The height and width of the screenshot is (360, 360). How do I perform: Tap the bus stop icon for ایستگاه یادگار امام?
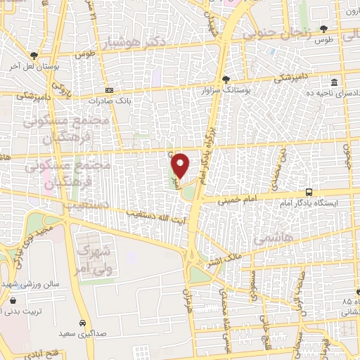click(x=309, y=192)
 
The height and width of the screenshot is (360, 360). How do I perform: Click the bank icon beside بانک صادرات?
click(x=110, y=91)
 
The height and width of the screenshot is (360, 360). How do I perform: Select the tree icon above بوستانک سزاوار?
click(x=226, y=79)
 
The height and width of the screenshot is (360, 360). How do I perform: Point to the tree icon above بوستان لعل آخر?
click(x=34, y=56)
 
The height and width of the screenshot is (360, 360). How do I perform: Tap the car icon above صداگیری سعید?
click(x=82, y=322)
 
